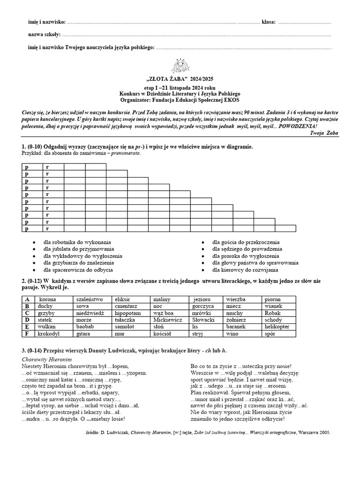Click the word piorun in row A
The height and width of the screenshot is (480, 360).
[x=272, y=299]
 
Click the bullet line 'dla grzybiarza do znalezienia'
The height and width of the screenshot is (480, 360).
[x=78, y=263]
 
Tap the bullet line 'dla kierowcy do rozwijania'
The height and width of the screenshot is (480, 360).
[x=245, y=270]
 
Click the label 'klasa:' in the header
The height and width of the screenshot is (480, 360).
[x=269, y=22]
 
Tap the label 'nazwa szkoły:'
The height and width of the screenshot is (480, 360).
[x=44, y=35]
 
